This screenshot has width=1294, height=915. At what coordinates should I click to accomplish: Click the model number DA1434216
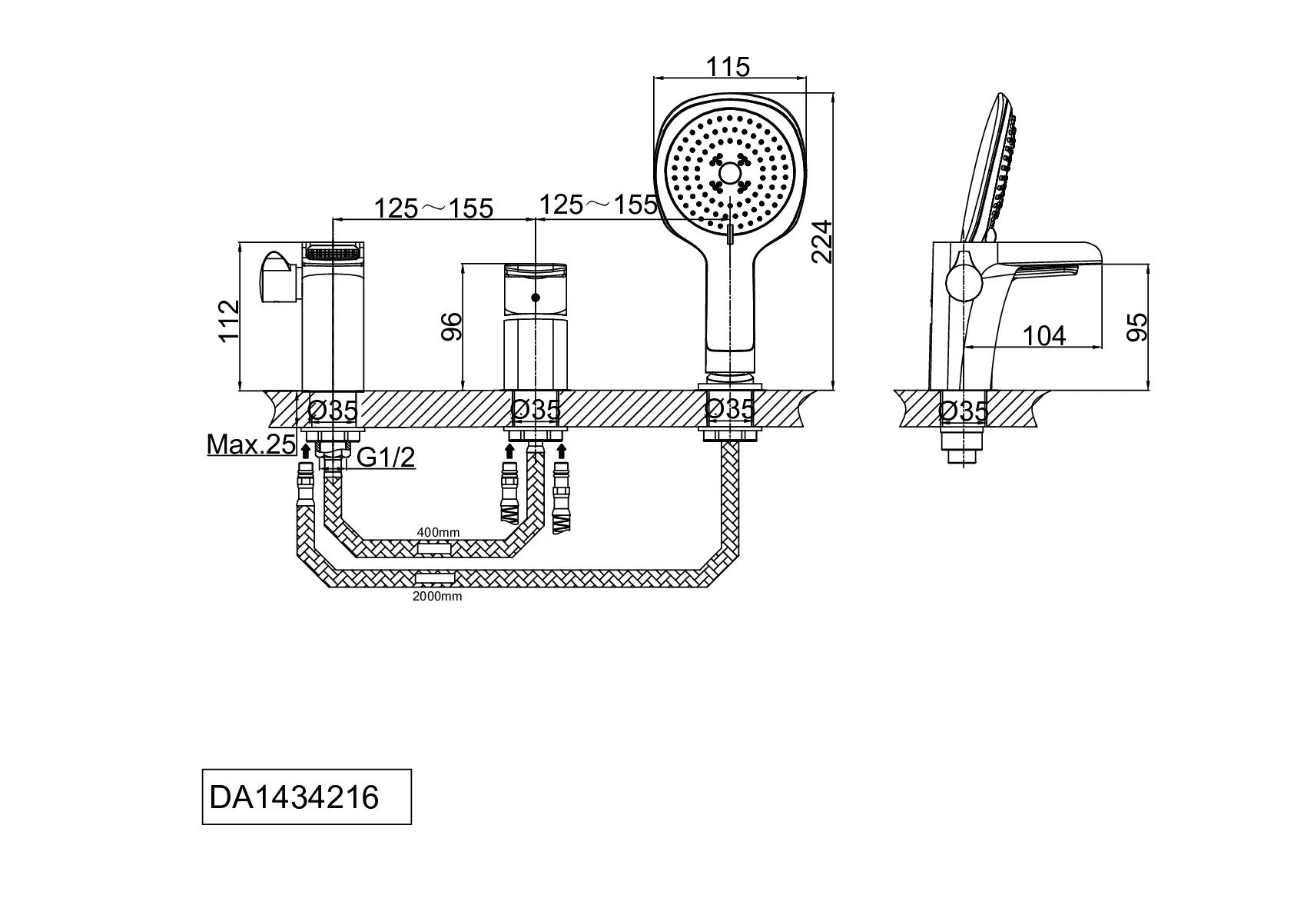[x=294, y=797]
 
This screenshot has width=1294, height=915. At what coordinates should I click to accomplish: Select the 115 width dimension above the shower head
[x=728, y=67]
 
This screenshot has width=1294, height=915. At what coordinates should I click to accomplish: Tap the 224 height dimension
[x=822, y=241]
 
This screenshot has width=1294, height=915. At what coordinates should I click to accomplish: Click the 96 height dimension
[x=452, y=326]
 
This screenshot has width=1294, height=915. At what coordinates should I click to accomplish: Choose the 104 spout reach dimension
[x=1044, y=336]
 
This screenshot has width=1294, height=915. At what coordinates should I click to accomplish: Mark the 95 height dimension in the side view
[x=1137, y=326]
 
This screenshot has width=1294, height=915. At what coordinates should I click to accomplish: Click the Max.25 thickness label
[x=251, y=444]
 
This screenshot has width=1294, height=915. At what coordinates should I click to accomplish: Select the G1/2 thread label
[x=387, y=457]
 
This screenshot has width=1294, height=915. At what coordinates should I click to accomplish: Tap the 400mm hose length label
[x=438, y=532]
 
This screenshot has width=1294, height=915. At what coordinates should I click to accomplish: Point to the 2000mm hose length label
[x=438, y=596]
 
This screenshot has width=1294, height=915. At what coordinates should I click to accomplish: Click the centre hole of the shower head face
[x=729, y=175]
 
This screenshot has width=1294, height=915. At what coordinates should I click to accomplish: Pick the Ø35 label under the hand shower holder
[x=731, y=410]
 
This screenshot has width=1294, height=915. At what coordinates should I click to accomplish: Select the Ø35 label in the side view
[x=964, y=411]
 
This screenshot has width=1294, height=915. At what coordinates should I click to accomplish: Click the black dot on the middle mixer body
[x=536, y=298]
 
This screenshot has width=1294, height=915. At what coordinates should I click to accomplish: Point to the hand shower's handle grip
[x=732, y=308]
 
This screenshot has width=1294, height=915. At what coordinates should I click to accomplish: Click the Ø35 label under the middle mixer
[x=536, y=410]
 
